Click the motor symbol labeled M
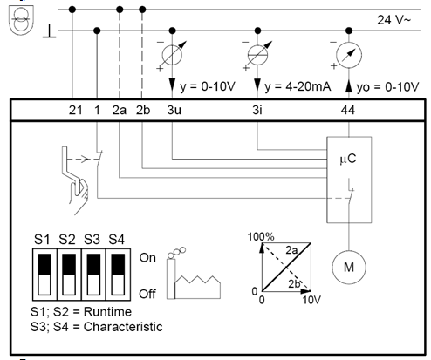[349, 267]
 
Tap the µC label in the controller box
[348, 159]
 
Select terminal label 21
[75, 110]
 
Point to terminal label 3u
[174, 110]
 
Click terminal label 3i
[257, 110]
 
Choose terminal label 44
[348, 110]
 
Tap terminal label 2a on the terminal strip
[120, 110]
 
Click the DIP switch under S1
[44, 275]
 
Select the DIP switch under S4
[118, 275]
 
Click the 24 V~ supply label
[393, 20]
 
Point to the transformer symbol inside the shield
[21, 20]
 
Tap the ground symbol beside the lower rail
[50, 31]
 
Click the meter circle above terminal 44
[349, 55]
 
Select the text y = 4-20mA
[298, 86]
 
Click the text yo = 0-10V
[387, 87]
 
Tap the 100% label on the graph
[261, 236]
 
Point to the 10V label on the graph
[311, 300]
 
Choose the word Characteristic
[123, 327]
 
